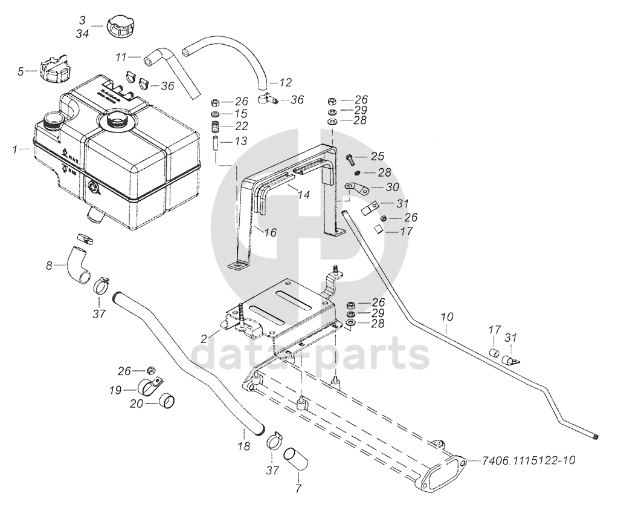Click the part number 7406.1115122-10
coord(528,460)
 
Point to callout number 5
coord(21,71)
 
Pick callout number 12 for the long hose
coord(286,82)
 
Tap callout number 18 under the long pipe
coord(243,447)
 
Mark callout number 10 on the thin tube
coord(446,316)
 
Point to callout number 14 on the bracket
coord(303,195)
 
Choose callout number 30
coord(392,188)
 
